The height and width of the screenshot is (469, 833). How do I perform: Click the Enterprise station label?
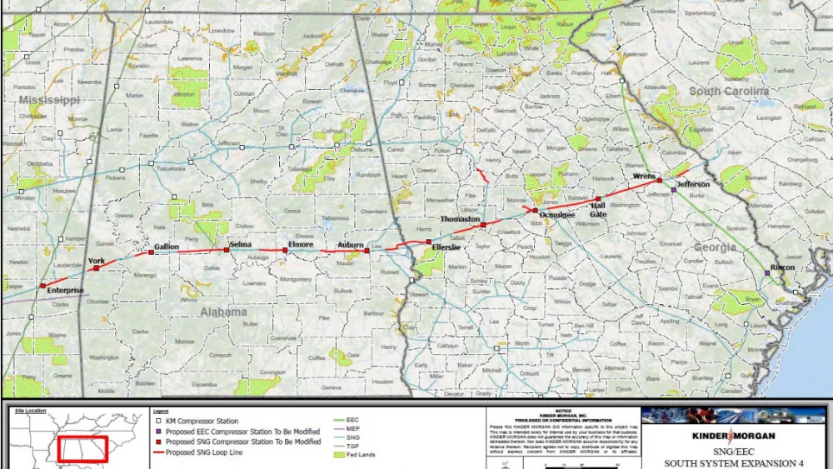[x=65, y=291]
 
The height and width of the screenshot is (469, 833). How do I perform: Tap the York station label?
[x=97, y=262]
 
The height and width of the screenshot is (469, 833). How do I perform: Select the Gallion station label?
[x=167, y=247]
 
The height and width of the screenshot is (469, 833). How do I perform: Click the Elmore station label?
[x=301, y=244]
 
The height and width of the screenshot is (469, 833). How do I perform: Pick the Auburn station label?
[x=351, y=244]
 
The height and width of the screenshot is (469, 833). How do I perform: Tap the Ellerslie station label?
[x=446, y=247]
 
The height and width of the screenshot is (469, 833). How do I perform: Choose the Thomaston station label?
[x=460, y=219]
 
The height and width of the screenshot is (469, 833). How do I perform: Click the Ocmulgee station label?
[x=556, y=215]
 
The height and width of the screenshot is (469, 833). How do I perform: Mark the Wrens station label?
[x=644, y=177]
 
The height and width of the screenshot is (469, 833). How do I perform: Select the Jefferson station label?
[x=693, y=184]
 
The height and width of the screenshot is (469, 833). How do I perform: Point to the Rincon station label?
[x=782, y=267]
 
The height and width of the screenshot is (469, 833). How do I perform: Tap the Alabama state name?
[x=223, y=312]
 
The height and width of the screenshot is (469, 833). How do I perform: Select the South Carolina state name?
[x=729, y=91]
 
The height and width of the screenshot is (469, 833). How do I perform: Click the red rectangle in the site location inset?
[x=82, y=449]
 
